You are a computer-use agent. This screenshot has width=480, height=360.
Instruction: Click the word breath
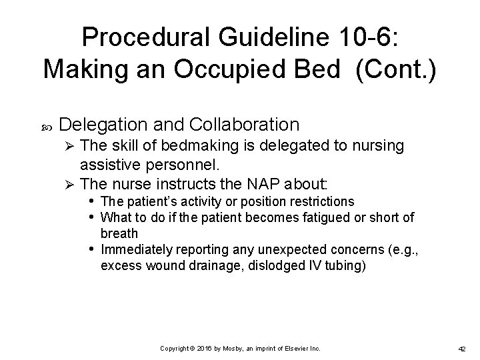point(119,233)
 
